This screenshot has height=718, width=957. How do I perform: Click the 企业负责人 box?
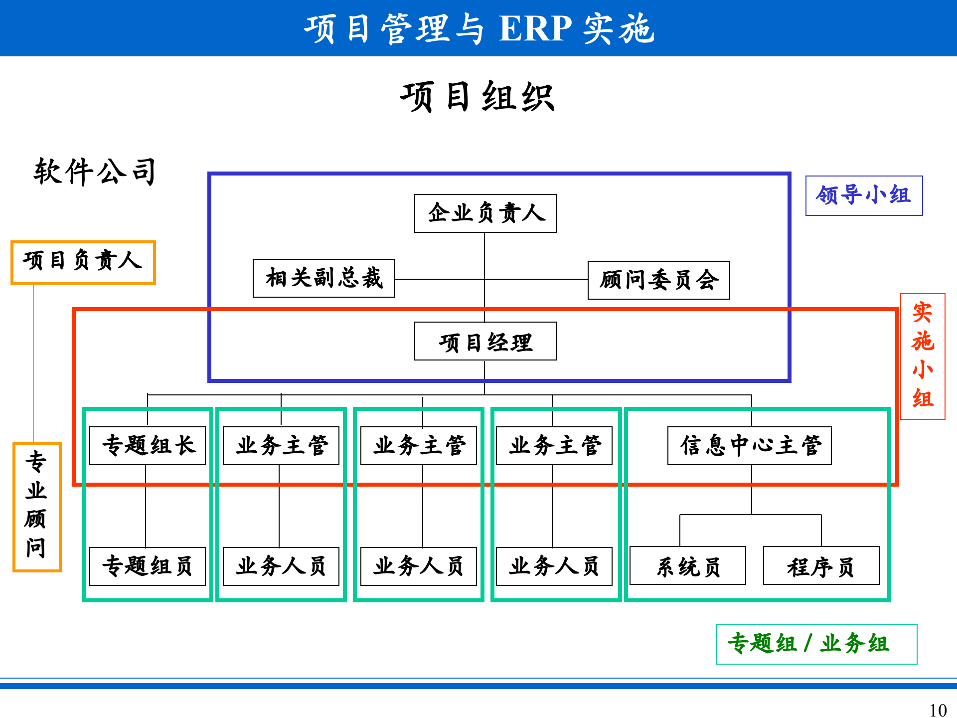tap(485, 213)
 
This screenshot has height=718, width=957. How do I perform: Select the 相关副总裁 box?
tap(323, 278)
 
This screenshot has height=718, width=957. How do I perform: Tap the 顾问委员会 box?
tap(658, 280)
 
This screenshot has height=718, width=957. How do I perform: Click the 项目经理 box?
tap(485, 342)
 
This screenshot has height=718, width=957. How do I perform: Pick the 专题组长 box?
tap(148, 446)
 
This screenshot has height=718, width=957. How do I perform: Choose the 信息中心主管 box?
tap(749, 446)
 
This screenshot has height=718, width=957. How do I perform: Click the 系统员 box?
tap(687, 566)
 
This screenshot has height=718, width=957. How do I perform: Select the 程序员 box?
tap(821, 566)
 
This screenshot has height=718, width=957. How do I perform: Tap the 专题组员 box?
tap(148, 566)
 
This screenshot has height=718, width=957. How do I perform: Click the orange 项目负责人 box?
tap(83, 262)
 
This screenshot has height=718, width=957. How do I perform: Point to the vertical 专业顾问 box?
tap(37, 507)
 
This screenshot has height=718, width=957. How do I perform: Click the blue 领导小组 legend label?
tap(864, 195)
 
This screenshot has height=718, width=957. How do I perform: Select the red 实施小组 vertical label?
tap(923, 356)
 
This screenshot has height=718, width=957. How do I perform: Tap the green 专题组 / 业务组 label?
tap(816, 644)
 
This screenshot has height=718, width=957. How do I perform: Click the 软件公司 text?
tap(95, 172)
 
